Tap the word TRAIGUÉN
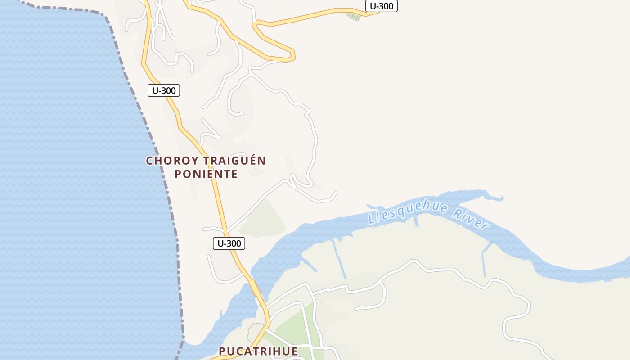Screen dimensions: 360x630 234,161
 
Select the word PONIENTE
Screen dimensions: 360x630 206,174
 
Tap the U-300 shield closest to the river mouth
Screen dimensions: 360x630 229,243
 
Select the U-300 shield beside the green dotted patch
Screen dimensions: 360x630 382,6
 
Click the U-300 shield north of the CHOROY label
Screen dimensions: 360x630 164,90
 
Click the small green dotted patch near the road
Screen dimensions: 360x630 353,17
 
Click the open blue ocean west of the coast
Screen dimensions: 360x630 67,180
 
